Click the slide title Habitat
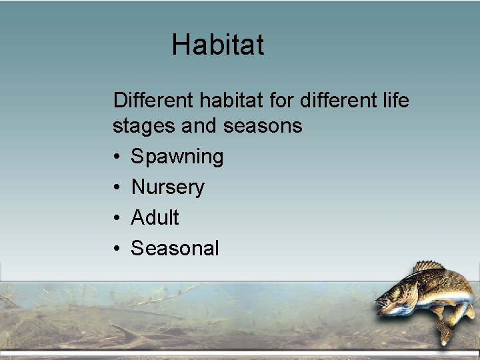(218, 45)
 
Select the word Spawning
(177, 157)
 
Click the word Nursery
(168, 187)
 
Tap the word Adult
(155, 217)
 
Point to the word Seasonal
(175, 248)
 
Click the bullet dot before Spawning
(117, 157)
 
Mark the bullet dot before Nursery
(117, 187)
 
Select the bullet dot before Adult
(117, 217)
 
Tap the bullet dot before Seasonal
(117, 248)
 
